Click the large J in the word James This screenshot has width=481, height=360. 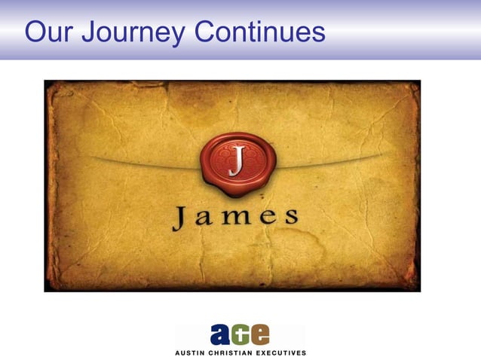[181, 218]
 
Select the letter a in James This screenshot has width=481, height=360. [206, 220]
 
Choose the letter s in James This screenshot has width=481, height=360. [290, 220]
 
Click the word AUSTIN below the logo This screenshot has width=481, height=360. [191, 352]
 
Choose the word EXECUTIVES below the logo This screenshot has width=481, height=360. [281, 352]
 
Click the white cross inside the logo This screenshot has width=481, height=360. [241, 334]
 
